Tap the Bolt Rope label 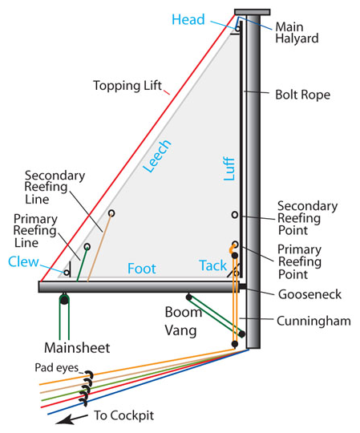pyautogui.click(x=301, y=95)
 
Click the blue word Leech pyautogui.click(x=158, y=157)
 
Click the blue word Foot pyautogui.click(x=141, y=268)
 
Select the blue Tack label pyautogui.click(x=212, y=265)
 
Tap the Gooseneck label pyautogui.click(x=308, y=294)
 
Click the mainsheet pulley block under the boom pyautogui.click(x=63, y=300)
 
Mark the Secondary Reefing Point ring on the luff pyautogui.click(x=234, y=215)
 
